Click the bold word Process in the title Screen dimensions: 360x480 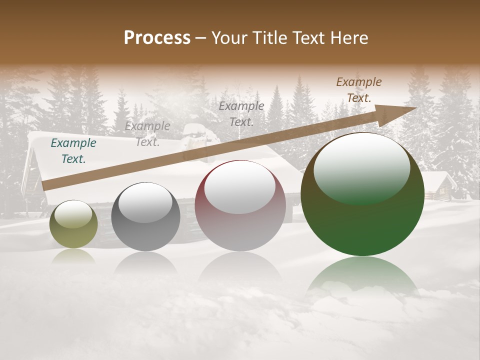click(157, 38)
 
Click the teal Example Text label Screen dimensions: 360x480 click(73, 151)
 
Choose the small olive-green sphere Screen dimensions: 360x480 click(73, 224)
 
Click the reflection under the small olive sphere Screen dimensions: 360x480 click(73, 256)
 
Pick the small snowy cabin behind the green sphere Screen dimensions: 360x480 click(440, 185)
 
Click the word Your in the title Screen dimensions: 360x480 click(228, 38)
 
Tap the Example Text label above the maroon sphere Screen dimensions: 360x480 click(241, 113)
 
